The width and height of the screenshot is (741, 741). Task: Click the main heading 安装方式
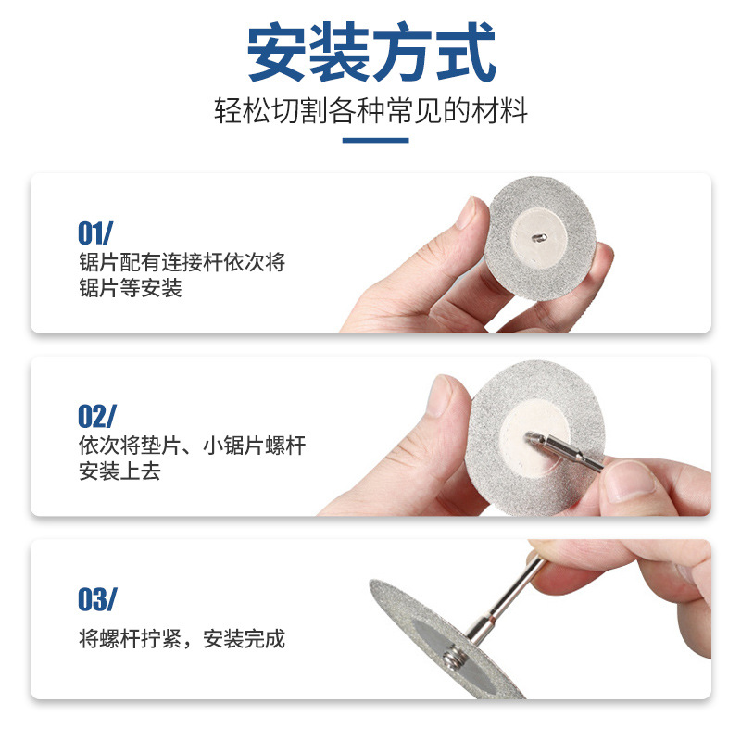tap(370, 55)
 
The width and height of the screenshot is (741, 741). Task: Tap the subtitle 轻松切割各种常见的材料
tap(370, 112)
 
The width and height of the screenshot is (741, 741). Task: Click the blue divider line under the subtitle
tap(375, 141)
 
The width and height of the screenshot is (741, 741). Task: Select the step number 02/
tap(98, 416)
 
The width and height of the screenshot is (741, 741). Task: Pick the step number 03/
tap(97, 599)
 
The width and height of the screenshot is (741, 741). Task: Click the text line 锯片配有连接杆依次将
tap(182, 262)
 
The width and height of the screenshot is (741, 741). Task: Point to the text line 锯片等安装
tap(131, 288)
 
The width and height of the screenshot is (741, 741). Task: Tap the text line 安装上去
tap(120, 471)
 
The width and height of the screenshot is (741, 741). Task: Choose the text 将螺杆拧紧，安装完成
tap(182, 638)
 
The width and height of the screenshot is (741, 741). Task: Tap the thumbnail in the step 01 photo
tap(469, 215)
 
